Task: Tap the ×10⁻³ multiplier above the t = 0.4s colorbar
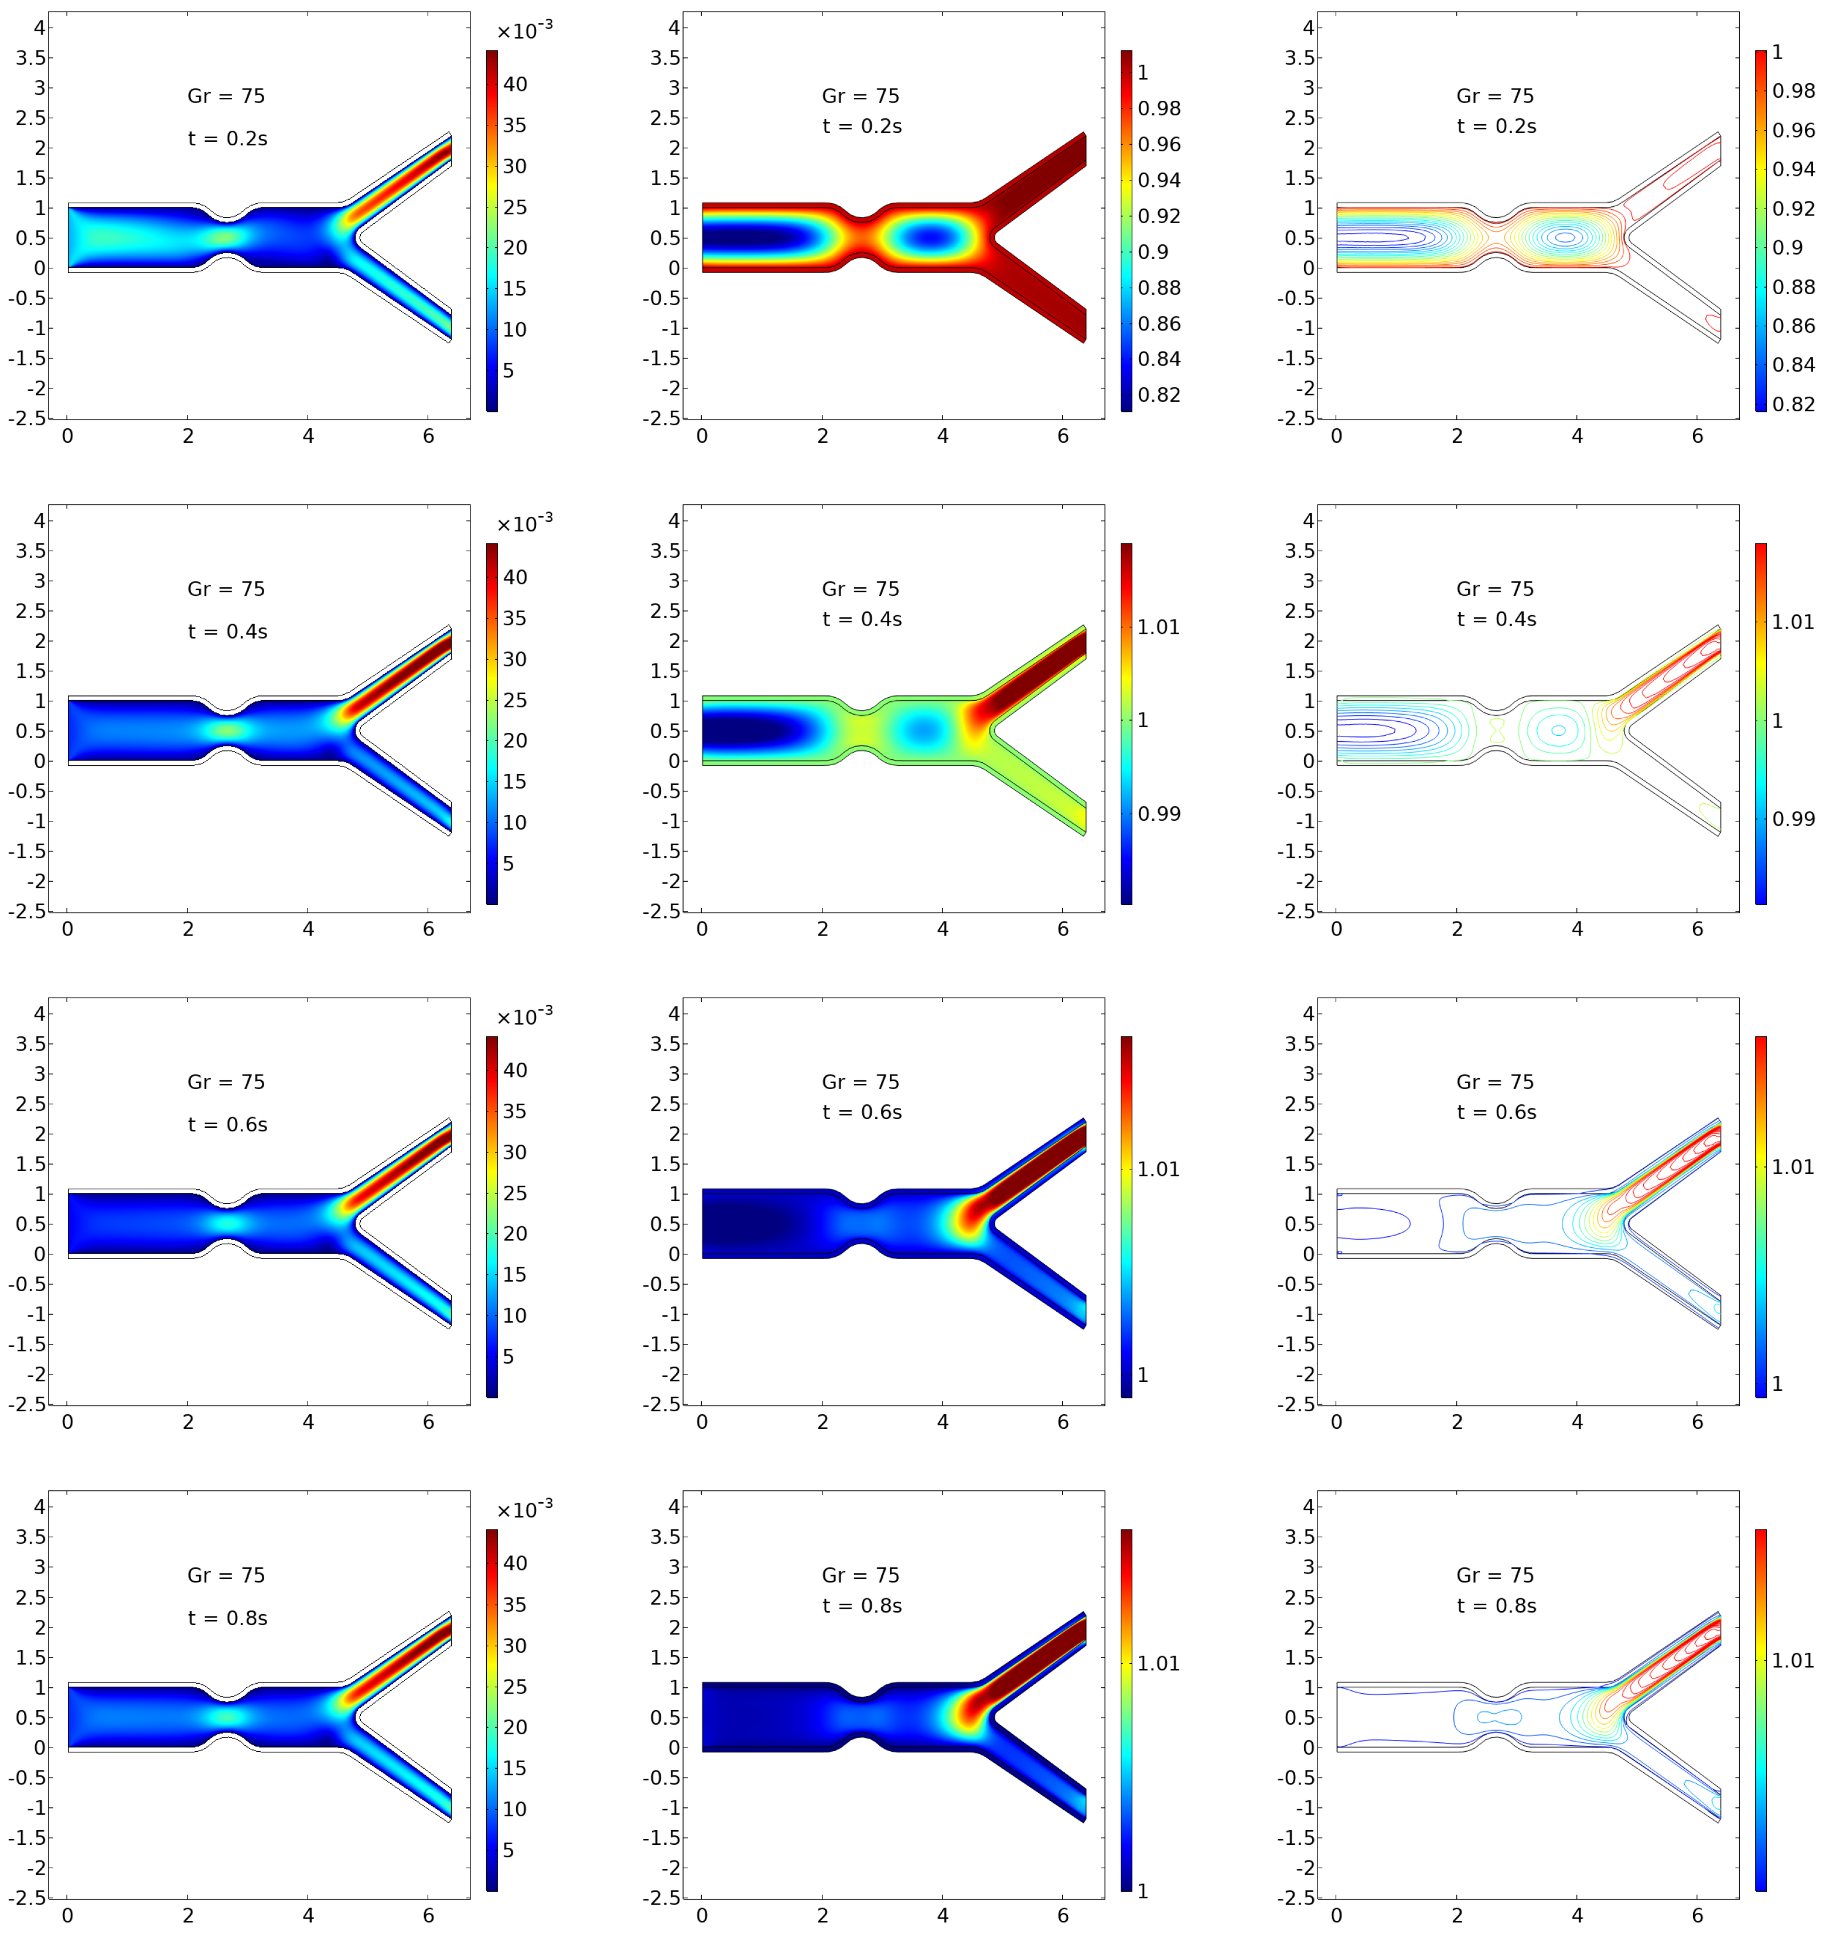[524, 524]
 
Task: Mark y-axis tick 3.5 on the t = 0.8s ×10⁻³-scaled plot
[30, 1536]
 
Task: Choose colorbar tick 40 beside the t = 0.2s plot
[515, 84]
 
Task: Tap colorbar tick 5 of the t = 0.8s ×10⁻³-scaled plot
[508, 1850]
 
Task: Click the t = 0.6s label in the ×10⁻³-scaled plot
[227, 1124]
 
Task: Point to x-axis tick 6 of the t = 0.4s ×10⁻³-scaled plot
[428, 929]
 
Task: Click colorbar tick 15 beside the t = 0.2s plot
[515, 289]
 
